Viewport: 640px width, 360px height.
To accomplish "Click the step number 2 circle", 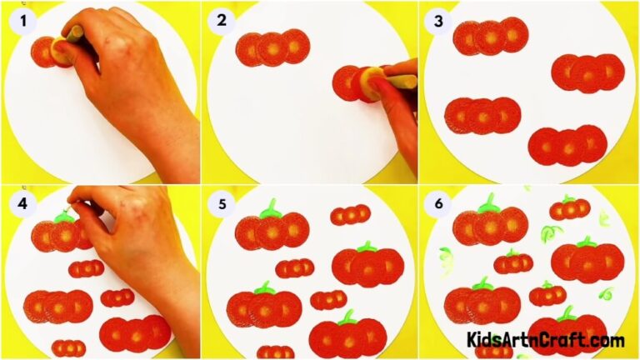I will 221,22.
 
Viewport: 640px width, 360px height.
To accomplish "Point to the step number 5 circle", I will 221,203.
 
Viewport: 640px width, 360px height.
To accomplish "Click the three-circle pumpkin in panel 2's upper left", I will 272,48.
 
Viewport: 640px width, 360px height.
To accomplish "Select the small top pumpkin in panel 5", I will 350,215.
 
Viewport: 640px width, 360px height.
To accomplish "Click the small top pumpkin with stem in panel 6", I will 570,208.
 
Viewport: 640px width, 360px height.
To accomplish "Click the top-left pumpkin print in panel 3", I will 491,37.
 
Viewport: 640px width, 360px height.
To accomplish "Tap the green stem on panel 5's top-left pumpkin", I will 268,208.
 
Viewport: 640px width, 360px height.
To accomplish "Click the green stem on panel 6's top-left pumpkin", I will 489,202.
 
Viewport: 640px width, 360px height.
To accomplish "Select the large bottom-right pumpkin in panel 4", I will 134,332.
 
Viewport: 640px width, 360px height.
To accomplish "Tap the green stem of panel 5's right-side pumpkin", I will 366,247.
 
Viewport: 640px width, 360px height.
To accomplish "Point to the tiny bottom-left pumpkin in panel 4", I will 68,347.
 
